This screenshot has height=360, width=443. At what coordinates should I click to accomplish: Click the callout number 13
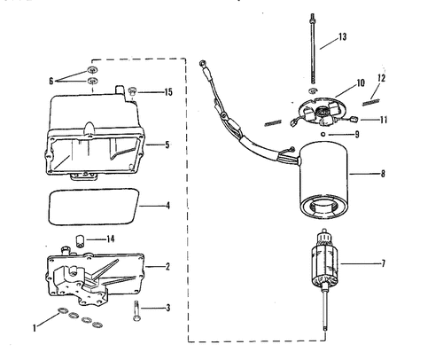point(342,37)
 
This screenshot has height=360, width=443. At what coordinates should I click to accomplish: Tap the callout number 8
point(383,174)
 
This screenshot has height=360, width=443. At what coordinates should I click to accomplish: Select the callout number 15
point(168,92)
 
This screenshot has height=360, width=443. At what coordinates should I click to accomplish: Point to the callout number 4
point(167,206)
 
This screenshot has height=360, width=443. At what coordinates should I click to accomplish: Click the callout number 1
point(35,328)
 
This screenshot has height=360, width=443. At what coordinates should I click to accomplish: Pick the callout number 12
point(381,78)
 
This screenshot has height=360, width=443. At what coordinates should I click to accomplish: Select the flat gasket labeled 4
point(93,207)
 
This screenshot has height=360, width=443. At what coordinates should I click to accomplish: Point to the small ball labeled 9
point(323,135)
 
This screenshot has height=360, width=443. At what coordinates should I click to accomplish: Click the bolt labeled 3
point(136,311)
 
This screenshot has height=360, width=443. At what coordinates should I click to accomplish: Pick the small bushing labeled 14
point(80,240)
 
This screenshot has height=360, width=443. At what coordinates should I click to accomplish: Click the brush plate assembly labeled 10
point(321,112)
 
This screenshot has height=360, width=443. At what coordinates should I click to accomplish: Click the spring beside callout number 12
point(370,102)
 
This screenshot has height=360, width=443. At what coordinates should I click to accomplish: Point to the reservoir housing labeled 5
point(95,135)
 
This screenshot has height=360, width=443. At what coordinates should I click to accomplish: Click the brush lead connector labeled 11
point(354,120)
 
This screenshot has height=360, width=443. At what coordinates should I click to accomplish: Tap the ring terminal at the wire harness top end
point(202,63)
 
